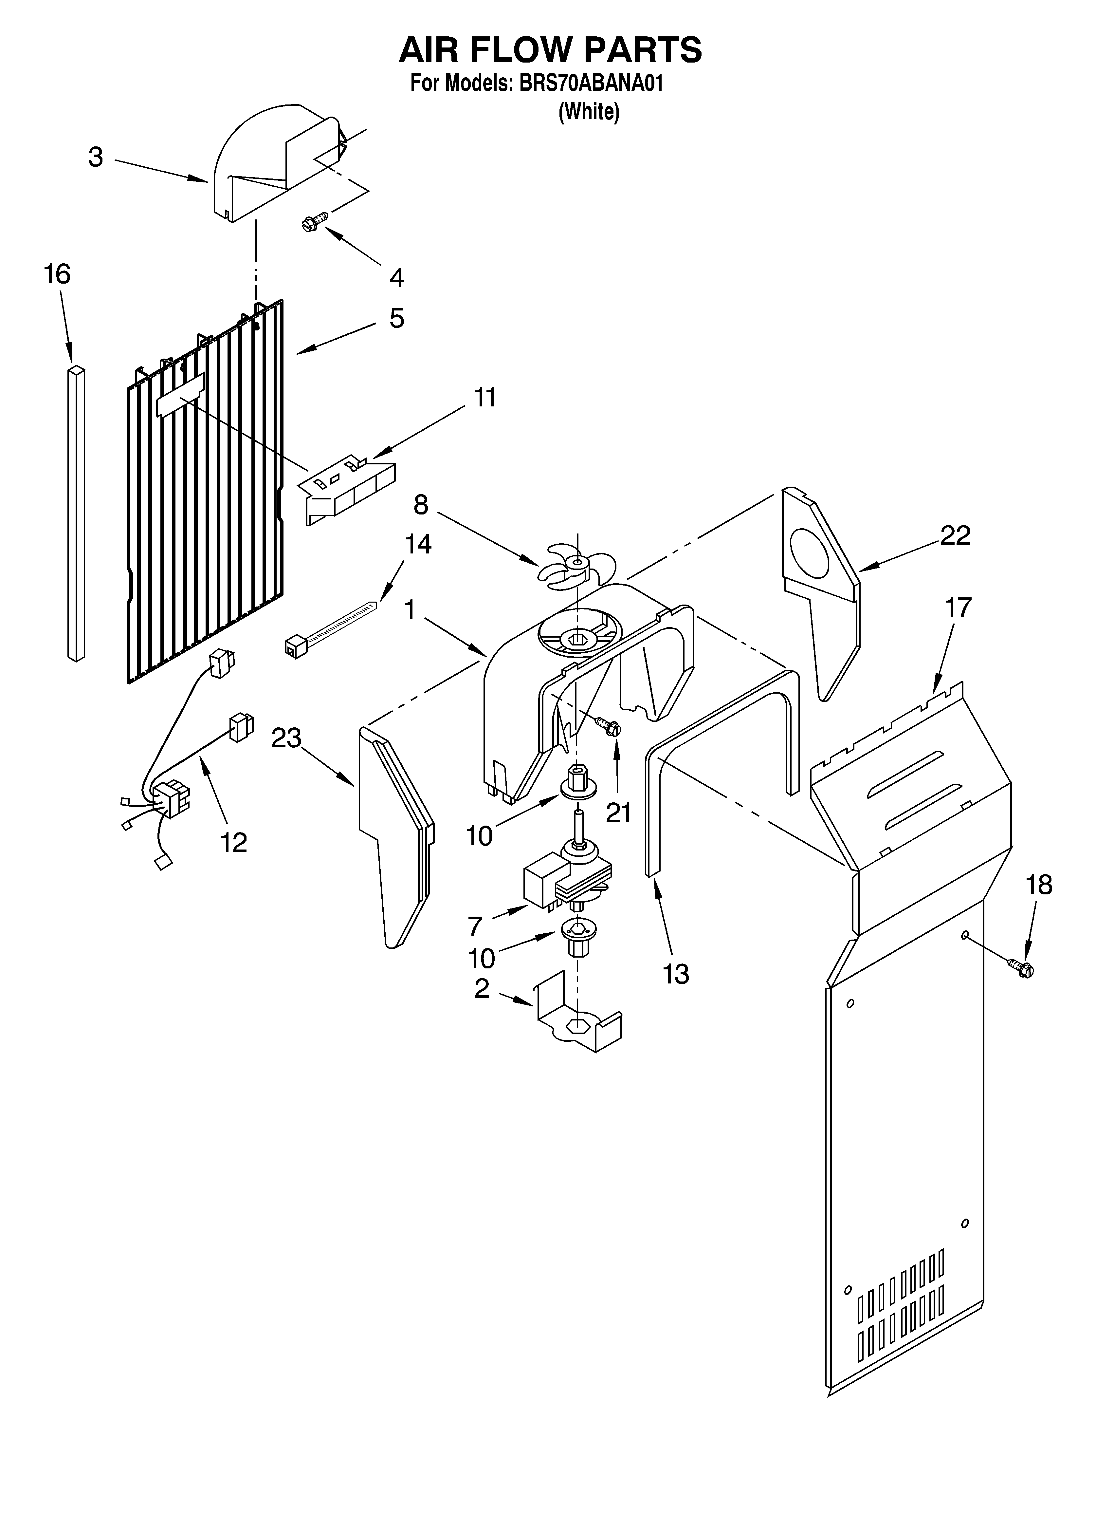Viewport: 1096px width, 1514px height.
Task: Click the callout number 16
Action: [x=57, y=274]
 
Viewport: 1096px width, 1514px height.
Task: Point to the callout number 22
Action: [x=955, y=535]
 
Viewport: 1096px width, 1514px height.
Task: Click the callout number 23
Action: [x=286, y=738]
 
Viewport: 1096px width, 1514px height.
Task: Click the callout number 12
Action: [x=234, y=842]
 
